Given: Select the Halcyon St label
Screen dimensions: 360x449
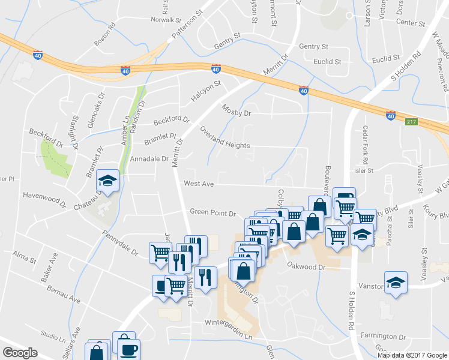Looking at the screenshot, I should tap(206, 88).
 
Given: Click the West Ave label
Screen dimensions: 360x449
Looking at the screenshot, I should tap(199, 184).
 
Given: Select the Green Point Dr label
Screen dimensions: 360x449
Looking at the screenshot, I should tap(213, 212).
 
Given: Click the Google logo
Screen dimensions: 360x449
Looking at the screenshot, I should tap(20, 352).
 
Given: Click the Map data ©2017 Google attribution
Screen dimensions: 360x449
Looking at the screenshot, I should tap(411, 355).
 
